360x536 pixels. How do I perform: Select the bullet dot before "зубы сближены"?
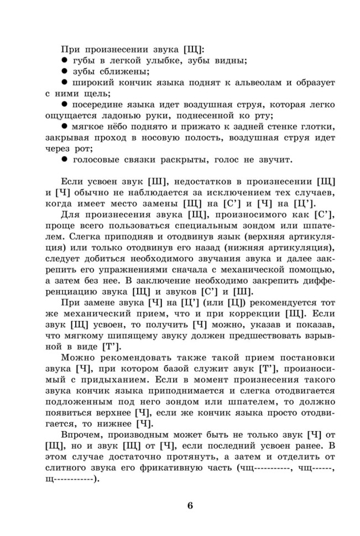pyautogui.click(x=64, y=71)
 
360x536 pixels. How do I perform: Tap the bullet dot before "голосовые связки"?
pyautogui.click(x=64, y=160)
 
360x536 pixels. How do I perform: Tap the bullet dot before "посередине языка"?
pyautogui.click(x=64, y=104)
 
